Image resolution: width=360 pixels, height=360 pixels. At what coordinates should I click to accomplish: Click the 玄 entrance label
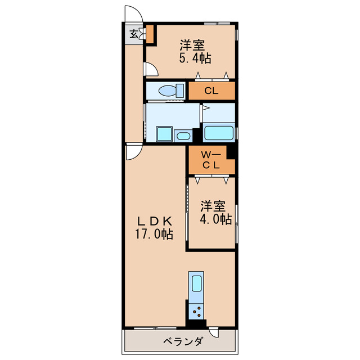click(x=134, y=33)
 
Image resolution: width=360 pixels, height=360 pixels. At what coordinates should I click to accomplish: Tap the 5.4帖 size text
click(x=195, y=58)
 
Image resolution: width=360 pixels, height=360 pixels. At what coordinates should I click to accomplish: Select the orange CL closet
click(x=211, y=91)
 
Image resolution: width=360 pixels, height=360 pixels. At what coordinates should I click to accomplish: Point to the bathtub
click(x=219, y=133)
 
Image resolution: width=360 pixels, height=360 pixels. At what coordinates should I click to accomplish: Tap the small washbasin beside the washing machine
click(x=183, y=136)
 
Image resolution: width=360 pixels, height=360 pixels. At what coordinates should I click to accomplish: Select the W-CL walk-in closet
click(x=211, y=160)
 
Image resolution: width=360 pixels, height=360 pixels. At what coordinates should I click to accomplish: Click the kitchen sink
click(x=196, y=284)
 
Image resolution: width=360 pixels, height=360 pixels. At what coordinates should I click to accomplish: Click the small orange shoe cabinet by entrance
click(x=150, y=33)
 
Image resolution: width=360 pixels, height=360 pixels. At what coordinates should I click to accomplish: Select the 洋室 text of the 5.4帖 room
click(x=192, y=44)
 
